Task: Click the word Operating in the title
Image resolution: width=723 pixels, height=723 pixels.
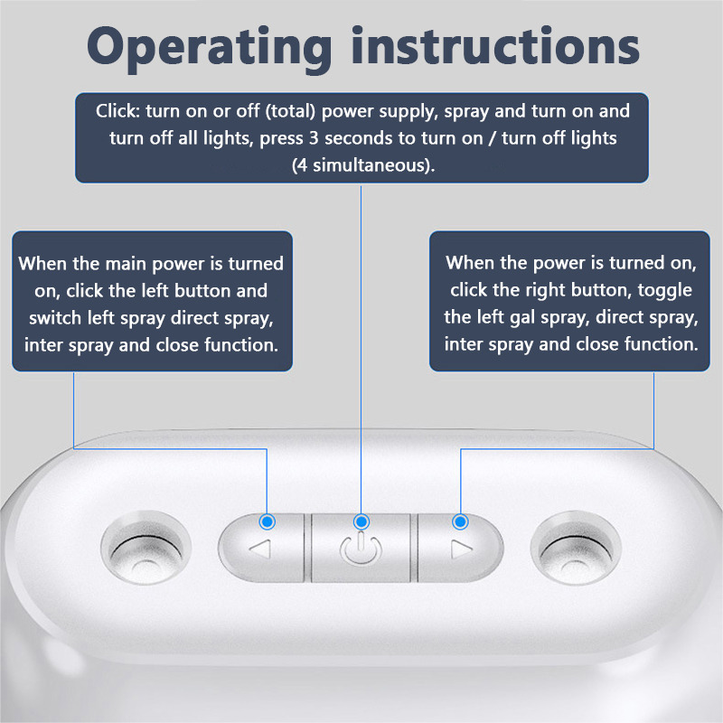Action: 210,49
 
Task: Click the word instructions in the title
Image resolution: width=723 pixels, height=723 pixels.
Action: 495,45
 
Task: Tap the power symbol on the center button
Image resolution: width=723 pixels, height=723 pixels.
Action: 361,549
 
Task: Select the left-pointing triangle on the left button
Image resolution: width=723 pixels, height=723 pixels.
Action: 260,549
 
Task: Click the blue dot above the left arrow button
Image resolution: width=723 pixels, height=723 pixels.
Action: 268,521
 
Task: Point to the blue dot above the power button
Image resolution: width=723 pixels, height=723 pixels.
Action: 361,521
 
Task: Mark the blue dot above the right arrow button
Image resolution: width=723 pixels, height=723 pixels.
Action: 460,521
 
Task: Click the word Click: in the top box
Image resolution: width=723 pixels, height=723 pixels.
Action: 117,111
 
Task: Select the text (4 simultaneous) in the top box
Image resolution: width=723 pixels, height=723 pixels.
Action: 363,165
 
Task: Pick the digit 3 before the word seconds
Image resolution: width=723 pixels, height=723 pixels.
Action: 314,138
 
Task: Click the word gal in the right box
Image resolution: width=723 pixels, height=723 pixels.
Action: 522,319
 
